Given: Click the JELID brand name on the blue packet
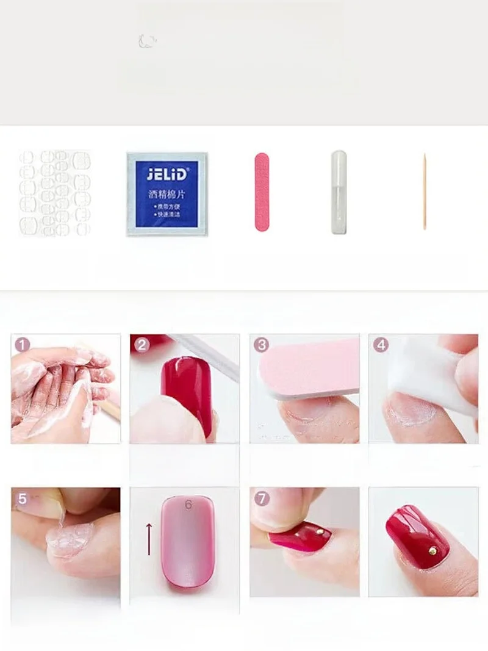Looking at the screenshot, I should coord(167,174).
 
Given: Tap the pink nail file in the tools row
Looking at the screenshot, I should coord(262,192).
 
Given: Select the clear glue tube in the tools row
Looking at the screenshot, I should coord(339,192).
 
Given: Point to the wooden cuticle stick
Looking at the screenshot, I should coord(425,192).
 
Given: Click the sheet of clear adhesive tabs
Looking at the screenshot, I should coord(54,193).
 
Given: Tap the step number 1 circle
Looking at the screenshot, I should coord(23,345).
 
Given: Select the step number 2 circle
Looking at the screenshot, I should coord(142,345).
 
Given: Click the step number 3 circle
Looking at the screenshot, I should coord(262,345).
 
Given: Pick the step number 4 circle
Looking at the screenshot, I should coord(381,345).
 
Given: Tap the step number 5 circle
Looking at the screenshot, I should coord(23,499).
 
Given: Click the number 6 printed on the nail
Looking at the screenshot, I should coord(188,505).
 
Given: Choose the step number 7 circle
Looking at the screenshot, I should coord(262,499).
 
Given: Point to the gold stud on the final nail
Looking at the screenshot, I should coord(432,550).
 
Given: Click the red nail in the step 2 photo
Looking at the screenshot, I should coord(185,390).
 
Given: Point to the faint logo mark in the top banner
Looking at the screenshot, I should coord(147,41).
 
